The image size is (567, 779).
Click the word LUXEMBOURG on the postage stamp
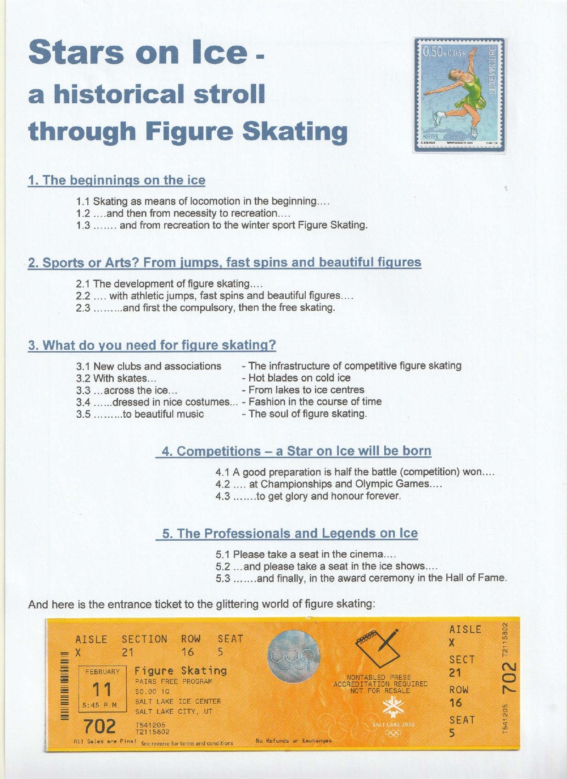[493, 70]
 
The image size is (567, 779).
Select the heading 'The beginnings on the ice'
[117, 180]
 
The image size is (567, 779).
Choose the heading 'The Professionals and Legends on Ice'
[290, 533]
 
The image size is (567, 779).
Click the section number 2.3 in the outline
[83, 308]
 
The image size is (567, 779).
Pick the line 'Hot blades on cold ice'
[299, 378]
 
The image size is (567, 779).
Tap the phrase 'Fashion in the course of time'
[314, 402]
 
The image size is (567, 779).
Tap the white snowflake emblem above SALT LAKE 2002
[392, 709]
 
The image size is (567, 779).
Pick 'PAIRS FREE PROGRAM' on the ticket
[174, 682]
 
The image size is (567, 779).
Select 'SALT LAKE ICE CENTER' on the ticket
[178, 701]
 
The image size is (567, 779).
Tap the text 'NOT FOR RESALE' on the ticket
[380, 690]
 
